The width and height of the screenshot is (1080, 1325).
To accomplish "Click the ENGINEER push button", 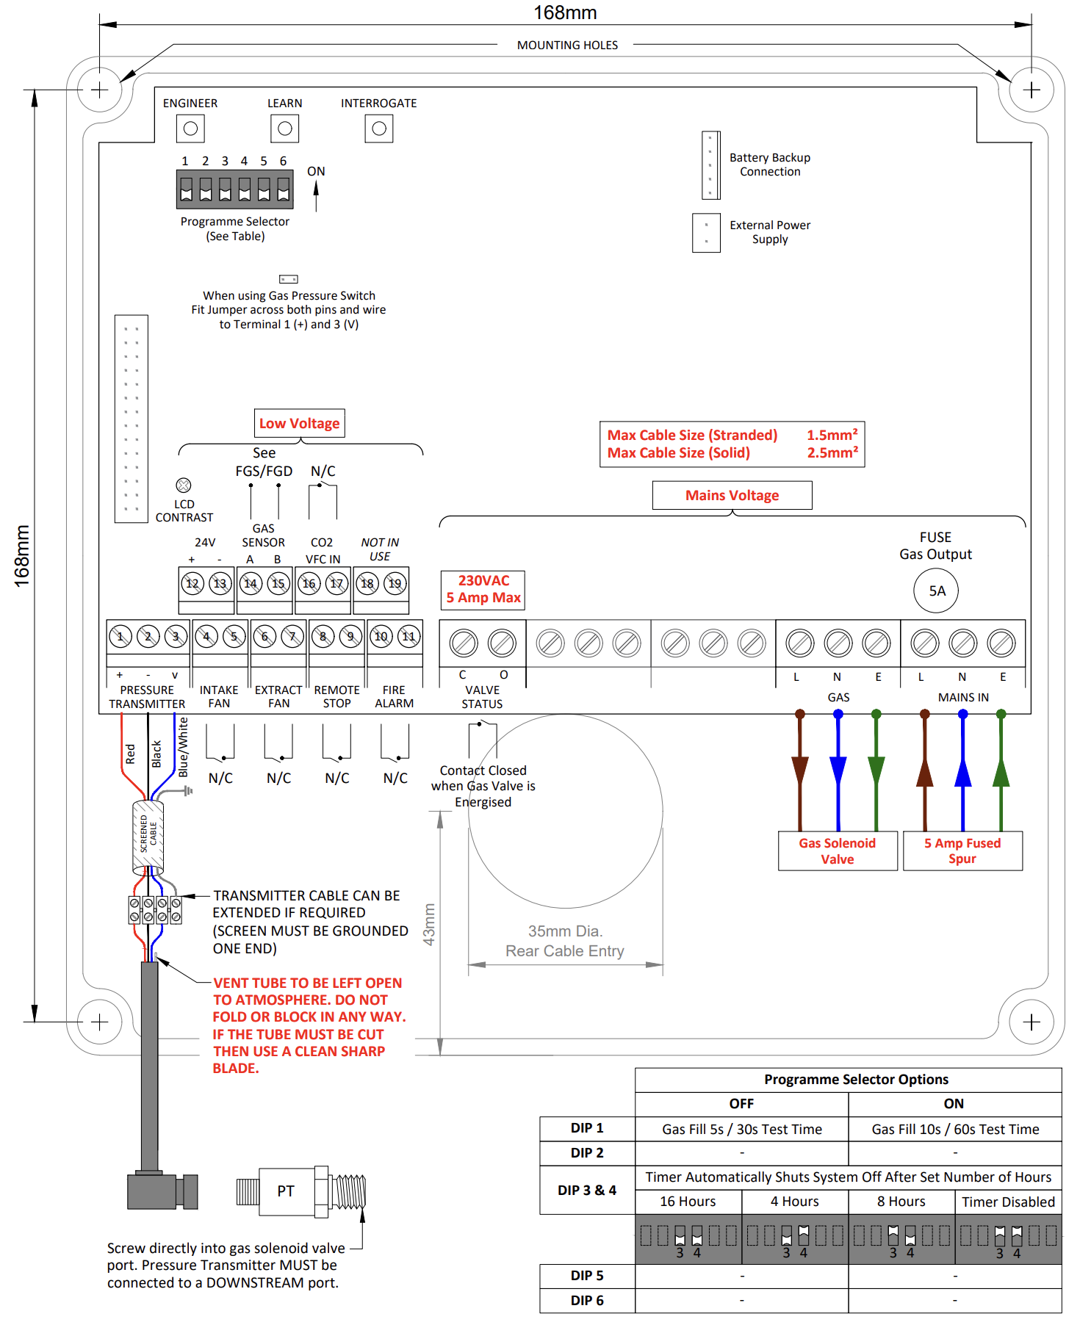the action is click(190, 129).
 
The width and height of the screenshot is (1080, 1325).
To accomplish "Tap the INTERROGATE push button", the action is click(379, 129).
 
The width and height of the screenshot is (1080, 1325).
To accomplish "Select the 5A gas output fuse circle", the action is click(936, 591).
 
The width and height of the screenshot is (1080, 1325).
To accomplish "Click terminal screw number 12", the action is click(192, 584).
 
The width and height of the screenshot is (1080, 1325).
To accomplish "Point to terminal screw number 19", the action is click(395, 584).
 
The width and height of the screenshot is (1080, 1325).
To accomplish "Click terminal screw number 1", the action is click(120, 636).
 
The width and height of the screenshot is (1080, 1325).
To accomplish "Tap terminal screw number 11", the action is click(408, 636).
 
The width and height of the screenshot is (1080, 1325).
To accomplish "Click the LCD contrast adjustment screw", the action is click(184, 485).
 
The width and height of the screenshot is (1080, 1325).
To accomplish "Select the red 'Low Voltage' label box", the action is click(300, 423).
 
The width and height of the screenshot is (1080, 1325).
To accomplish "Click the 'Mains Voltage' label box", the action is click(732, 495).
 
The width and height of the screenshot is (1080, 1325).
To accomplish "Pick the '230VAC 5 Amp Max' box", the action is click(483, 590).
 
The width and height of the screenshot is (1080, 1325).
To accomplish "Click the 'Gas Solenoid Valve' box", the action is click(838, 851).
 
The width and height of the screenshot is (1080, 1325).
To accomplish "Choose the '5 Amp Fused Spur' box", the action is click(962, 851).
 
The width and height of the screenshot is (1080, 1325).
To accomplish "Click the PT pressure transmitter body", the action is click(286, 1191).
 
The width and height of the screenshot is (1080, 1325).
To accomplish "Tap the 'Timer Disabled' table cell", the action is click(1009, 1202).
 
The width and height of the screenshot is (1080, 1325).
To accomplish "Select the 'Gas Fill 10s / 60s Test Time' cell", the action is click(955, 1129).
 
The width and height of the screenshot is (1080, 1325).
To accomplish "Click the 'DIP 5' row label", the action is click(587, 1276).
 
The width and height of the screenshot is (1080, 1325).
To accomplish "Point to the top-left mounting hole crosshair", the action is click(99, 90).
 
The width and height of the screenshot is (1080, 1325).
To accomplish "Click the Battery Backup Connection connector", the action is click(710, 165).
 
